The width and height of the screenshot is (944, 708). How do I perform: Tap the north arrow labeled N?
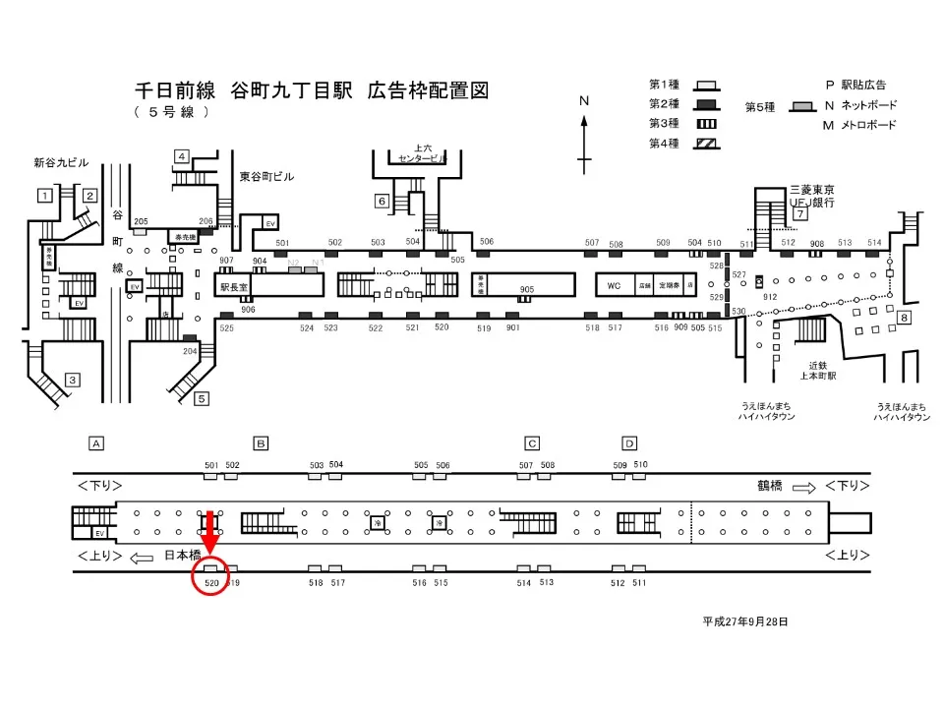click(x=584, y=134)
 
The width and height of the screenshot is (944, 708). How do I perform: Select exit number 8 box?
click(x=904, y=317)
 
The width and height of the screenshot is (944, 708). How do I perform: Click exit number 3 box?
click(x=71, y=380)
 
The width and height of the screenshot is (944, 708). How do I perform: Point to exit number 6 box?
click(x=382, y=203)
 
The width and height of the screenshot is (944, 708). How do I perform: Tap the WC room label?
click(x=614, y=286)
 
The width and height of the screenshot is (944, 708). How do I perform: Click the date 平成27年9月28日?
click(x=745, y=622)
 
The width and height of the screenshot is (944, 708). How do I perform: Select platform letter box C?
click(x=532, y=442)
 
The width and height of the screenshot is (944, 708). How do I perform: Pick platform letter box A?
click(x=96, y=442)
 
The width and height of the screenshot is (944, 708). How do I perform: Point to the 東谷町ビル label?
click(x=266, y=177)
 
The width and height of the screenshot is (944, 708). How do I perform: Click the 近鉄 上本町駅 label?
click(x=815, y=371)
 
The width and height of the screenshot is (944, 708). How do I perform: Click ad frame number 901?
click(x=512, y=328)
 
